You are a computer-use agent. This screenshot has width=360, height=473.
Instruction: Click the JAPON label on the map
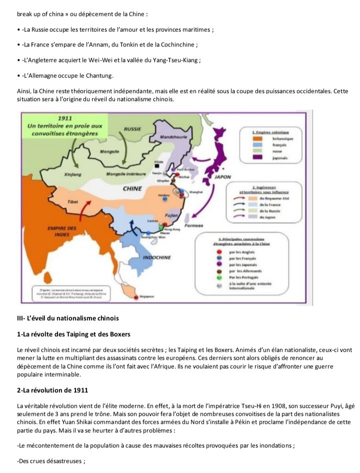223,177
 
